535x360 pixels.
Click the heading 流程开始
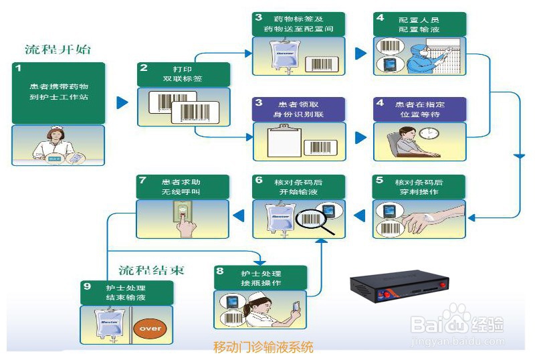tap(58, 50)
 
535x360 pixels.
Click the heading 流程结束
tap(152, 270)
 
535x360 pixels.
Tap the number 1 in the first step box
tap(19, 69)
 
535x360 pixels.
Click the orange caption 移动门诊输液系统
tap(263, 347)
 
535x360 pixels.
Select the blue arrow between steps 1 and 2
tap(122, 102)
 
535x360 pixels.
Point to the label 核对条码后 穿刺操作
tap(418, 187)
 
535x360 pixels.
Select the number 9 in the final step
tap(87, 286)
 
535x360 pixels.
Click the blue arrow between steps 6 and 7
tap(238, 214)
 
